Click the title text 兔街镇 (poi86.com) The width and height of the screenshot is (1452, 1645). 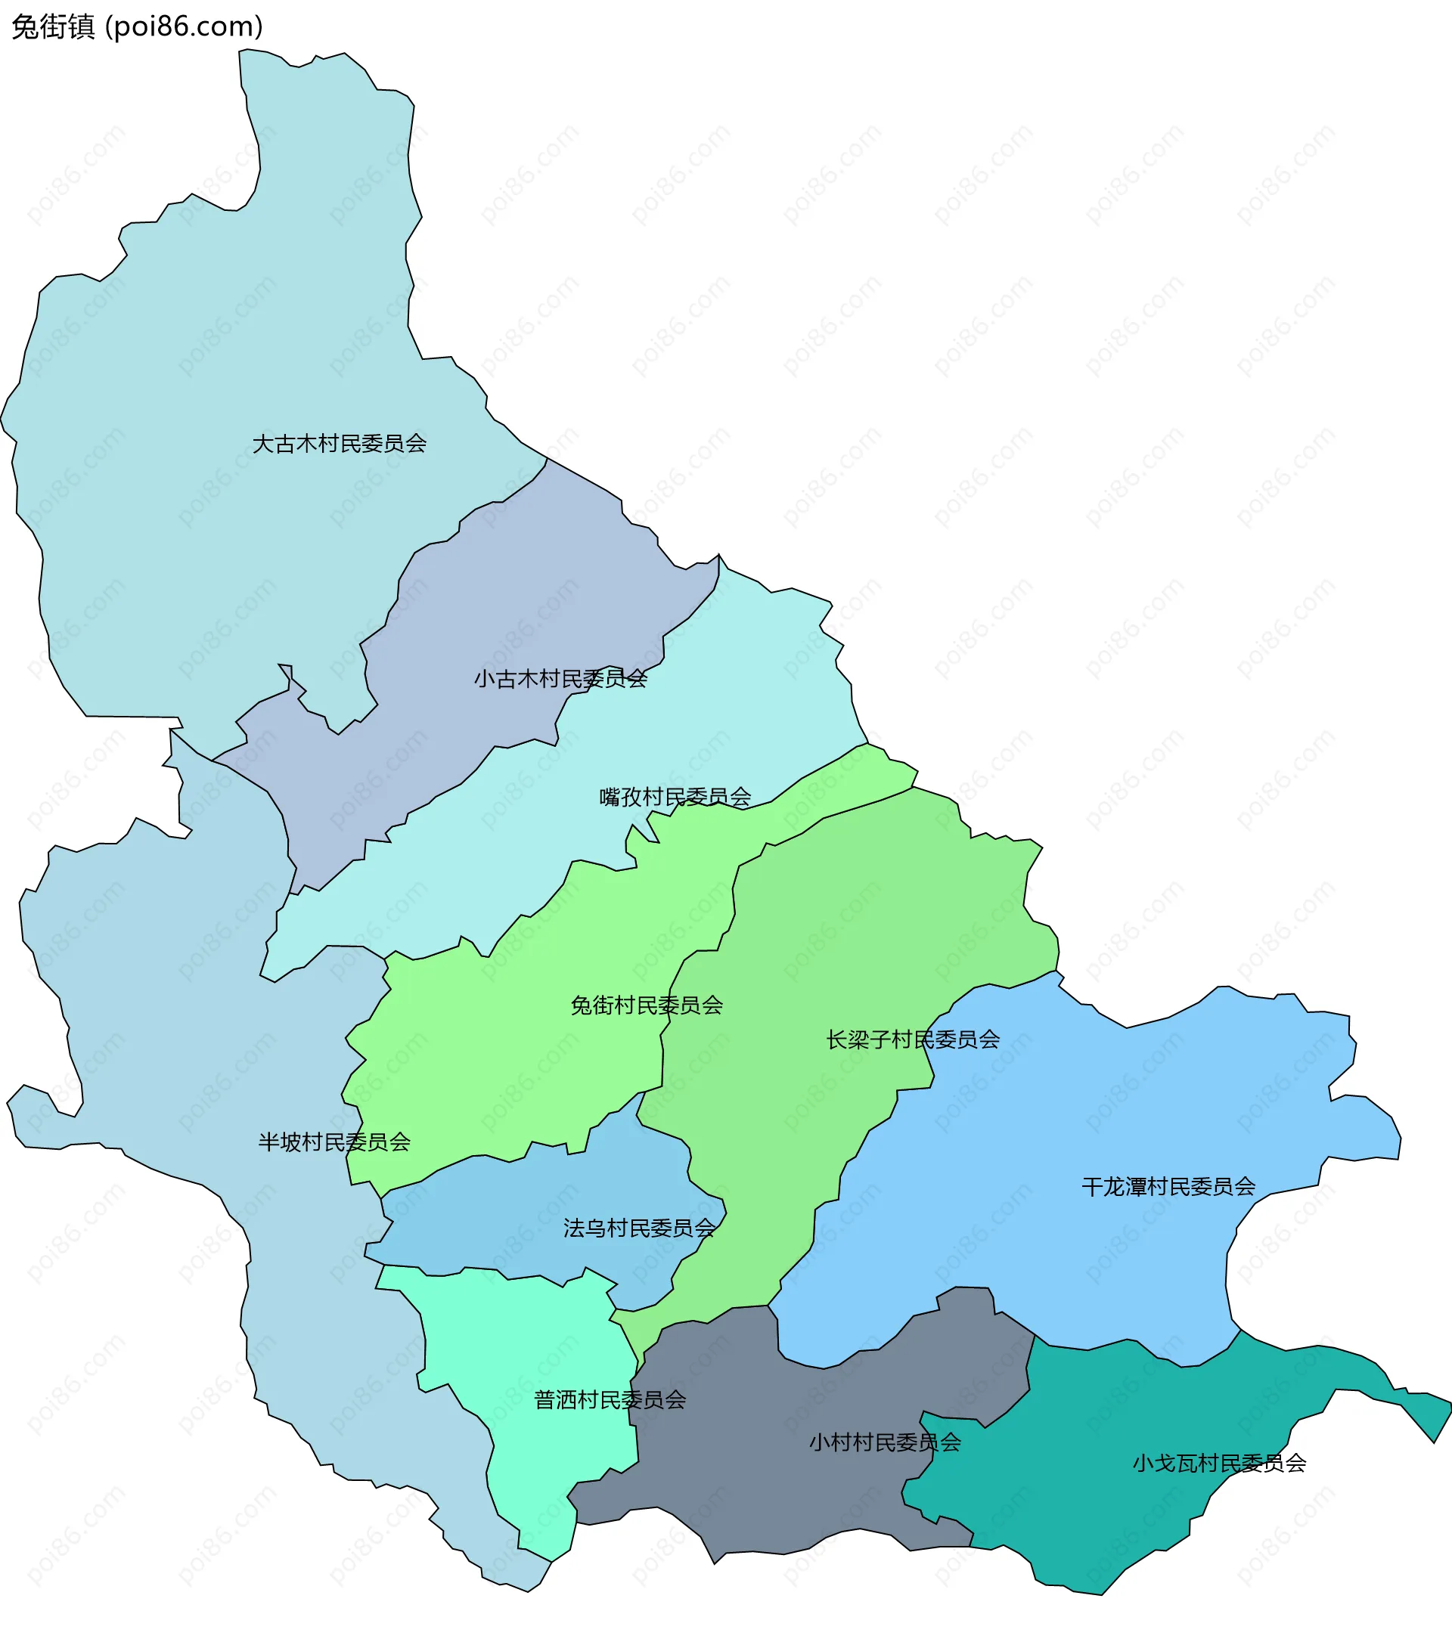click(x=137, y=26)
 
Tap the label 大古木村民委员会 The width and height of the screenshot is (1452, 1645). click(x=339, y=444)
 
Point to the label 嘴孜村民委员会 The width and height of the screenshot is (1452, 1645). click(x=675, y=797)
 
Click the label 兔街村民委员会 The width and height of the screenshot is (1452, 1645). click(x=647, y=1005)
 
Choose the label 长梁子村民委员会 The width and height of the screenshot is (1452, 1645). click(x=913, y=1039)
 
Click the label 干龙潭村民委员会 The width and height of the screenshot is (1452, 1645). click(x=1168, y=1186)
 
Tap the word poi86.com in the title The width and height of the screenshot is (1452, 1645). click(x=186, y=26)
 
